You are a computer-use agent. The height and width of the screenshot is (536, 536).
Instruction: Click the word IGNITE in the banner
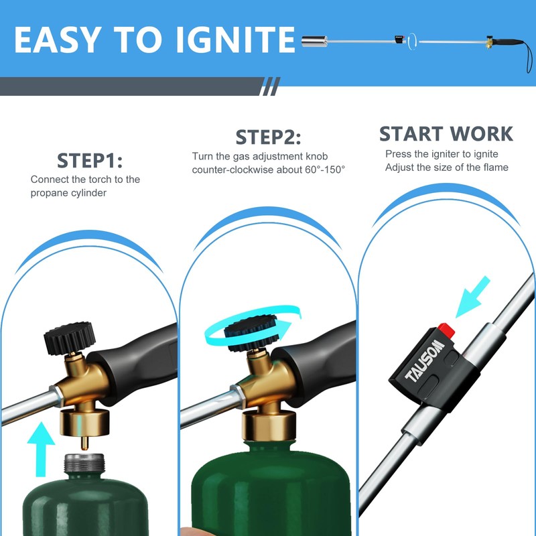(235, 40)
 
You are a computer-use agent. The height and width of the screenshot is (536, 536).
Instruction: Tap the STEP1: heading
(90, 161)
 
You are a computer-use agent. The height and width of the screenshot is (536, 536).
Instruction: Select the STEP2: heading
(269, 137)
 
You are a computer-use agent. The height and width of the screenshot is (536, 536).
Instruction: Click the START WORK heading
(446, 133)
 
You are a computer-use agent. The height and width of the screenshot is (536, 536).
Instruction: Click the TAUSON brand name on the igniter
(425, 361)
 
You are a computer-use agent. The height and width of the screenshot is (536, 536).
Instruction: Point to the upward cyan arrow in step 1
(41, 449)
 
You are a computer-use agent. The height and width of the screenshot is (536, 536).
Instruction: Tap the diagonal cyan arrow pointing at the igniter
(473, 297)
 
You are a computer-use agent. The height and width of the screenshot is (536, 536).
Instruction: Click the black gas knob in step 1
(70, 338)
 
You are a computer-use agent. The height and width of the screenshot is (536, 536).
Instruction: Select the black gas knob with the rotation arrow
(252, 333)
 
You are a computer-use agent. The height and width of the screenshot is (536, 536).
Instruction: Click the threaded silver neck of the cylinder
(84, 463)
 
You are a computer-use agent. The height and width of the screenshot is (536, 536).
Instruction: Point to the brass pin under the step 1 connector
(84, 442)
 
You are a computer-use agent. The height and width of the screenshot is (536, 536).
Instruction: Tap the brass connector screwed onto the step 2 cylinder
(269, 425)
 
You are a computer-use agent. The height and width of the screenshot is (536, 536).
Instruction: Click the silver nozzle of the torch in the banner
(314, 42)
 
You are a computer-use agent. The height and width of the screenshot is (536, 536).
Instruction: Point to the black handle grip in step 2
(314, 362)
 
